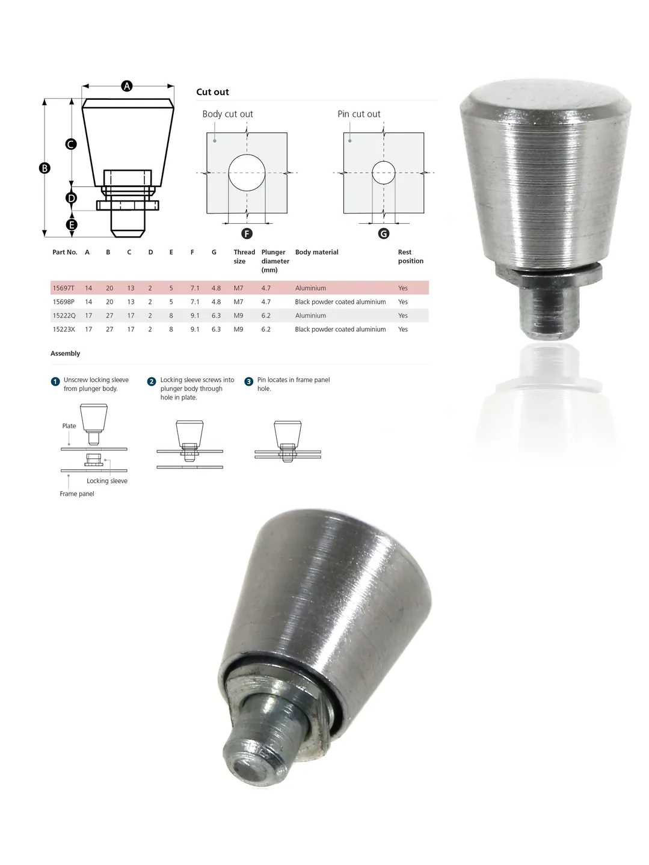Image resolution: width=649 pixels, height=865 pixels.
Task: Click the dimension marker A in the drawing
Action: [126, 86]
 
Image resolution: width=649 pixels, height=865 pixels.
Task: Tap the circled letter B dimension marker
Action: [45, 168]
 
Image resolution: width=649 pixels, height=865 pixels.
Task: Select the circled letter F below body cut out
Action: [247, 233]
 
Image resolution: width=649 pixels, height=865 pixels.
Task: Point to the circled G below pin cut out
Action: [383, 233]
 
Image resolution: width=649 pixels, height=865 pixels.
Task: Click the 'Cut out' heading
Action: [212, 92]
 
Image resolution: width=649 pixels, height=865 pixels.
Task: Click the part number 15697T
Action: [63, 288]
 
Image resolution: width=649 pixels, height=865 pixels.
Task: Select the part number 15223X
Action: [64, 329]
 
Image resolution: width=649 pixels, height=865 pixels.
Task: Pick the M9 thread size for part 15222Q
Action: [238, 315]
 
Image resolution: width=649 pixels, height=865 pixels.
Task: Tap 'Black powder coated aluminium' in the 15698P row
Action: [340, 302]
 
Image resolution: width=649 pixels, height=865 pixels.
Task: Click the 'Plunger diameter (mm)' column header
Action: [275, 261]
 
